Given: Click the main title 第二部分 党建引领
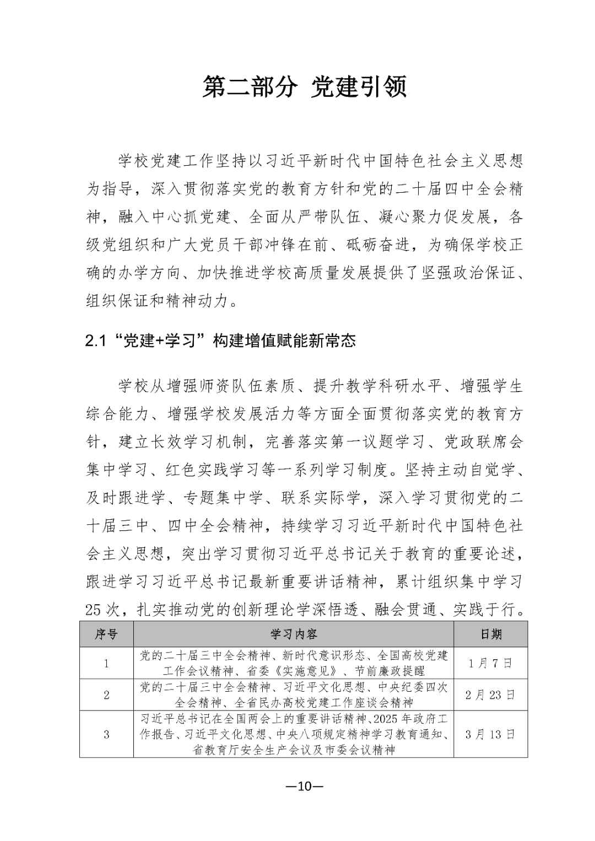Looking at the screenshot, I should [305, 87].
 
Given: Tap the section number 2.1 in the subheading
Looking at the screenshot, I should [95, 341].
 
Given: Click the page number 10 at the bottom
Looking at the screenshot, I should [304, 786].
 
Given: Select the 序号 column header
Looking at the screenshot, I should [106, 634].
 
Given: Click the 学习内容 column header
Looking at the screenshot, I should [294, 634].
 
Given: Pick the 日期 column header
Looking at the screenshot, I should [490, 634].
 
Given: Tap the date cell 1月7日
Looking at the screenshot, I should [490, 663].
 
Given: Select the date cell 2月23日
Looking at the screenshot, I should [490, 695].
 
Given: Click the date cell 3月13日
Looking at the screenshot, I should [490, 734].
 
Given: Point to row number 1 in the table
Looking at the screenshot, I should [106, 663].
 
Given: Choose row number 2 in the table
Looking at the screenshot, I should [106, 695].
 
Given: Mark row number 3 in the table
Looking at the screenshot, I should [106, 734].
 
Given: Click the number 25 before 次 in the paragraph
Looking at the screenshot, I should [95, 610].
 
